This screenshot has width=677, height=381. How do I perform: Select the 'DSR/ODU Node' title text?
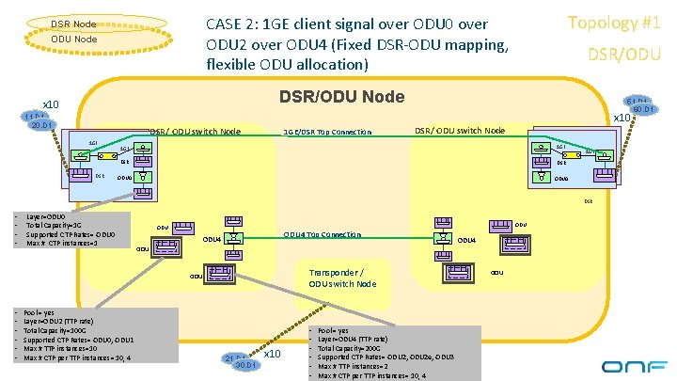pos(341,97)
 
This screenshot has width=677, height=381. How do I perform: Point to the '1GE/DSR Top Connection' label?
pos(327,132)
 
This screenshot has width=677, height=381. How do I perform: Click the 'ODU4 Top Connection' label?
pos(322,234)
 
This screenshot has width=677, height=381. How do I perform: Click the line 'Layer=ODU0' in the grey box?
pos(47,216)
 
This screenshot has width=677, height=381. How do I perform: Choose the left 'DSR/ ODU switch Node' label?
pos(195,131)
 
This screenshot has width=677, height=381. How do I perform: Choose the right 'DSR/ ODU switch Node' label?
pos(460,130)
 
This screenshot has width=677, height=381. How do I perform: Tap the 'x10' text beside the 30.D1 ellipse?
pos(273,355)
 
